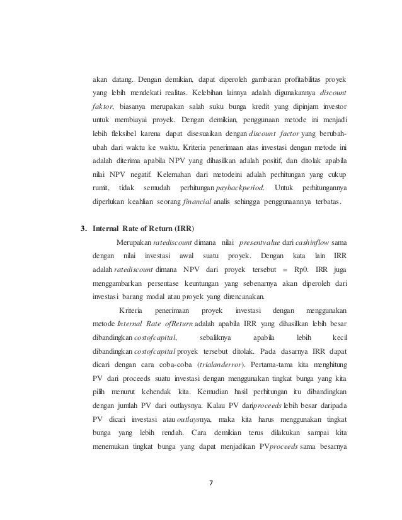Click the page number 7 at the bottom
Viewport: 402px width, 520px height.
click(x=211, y=483)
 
